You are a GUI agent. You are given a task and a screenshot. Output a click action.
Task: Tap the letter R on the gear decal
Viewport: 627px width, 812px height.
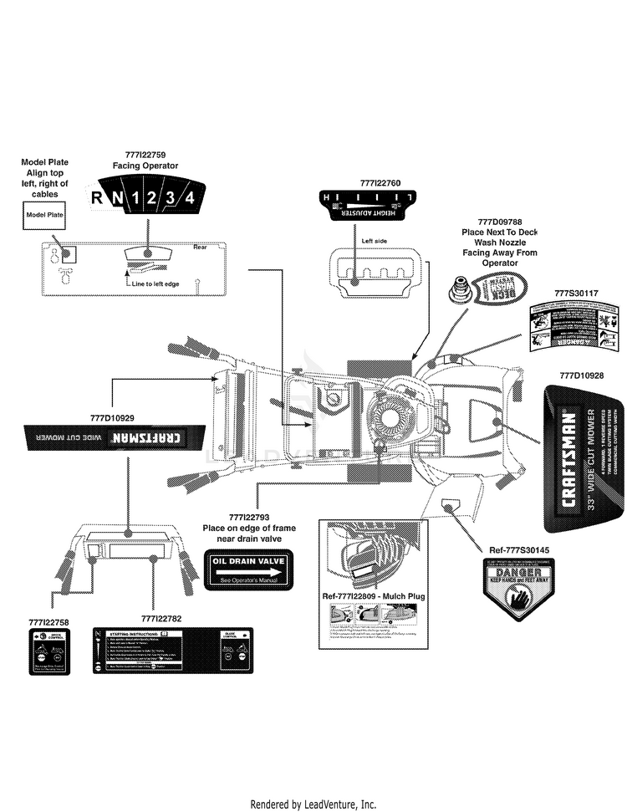[x=96, y=198]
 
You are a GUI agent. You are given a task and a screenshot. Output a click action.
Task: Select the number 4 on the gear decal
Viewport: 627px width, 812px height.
[x=191, y=197]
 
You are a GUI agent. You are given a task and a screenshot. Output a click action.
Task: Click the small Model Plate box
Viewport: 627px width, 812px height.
[x=44, y=215]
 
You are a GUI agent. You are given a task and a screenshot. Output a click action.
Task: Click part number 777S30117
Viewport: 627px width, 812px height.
[x=576, y=294]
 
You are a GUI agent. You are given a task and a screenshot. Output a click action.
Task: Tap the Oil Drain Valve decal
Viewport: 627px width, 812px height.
[x=245, y=569]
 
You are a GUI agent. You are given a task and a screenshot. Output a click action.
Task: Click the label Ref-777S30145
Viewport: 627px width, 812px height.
[x=519, y=549]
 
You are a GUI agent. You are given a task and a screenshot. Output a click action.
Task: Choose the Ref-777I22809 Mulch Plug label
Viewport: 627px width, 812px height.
[x=374, y=596]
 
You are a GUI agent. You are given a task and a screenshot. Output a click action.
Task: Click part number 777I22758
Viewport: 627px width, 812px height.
[x=48, y=622]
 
